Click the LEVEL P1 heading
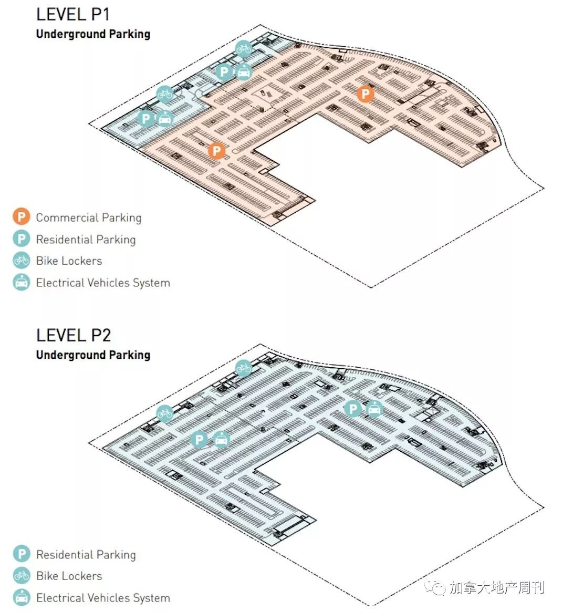click(73, 14)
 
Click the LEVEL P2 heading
click(74, 335)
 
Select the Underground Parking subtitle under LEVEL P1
click(93, 34)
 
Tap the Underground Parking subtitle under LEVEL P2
click(93, 355)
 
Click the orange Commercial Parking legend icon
click(22, 216)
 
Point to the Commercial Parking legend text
click(89, 217)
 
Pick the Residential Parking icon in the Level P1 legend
click(22, 238)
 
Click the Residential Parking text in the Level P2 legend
click(86, 555)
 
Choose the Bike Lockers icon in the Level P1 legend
click(22, 261)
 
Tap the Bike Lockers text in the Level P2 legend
click(69, 576)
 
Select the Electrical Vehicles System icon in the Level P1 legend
click(22, 282)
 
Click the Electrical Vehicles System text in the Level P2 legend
click(103, 598)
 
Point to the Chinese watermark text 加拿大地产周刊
click(497, 587)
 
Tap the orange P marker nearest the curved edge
click(366, 94)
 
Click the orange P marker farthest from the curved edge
click(216, 151)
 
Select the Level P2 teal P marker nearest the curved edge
click(353, 409)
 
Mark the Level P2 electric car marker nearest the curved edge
click(374, 409)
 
